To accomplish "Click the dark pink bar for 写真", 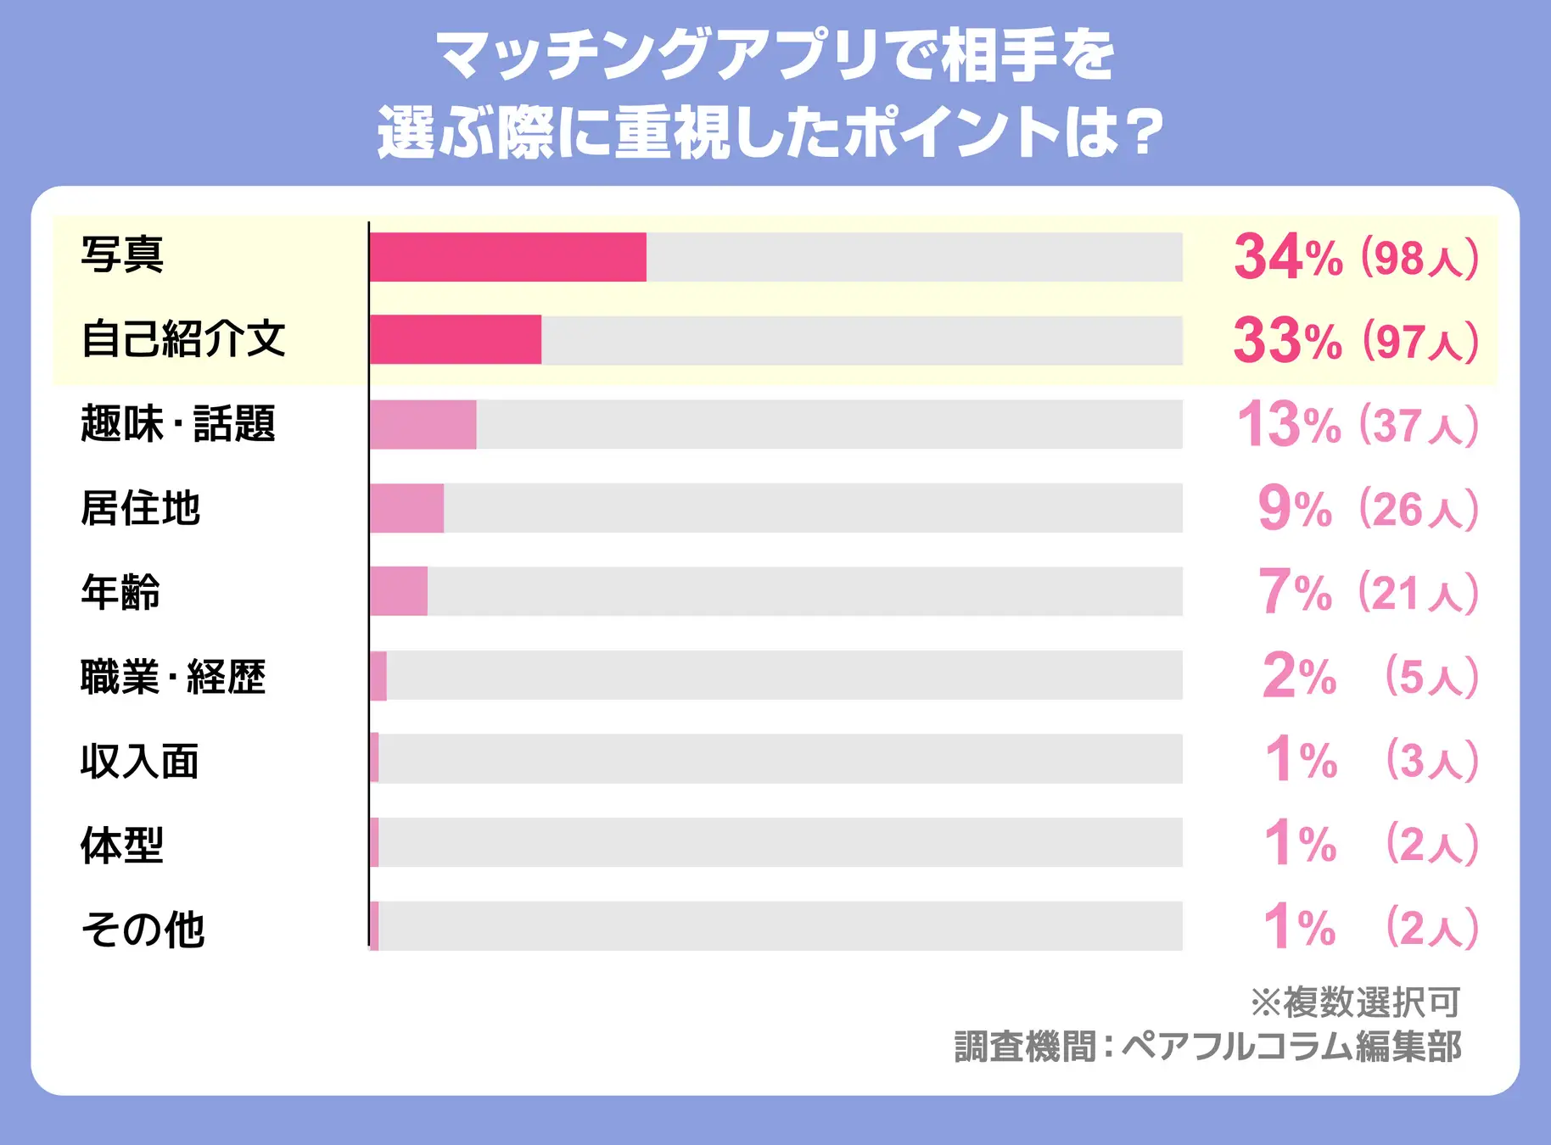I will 507,257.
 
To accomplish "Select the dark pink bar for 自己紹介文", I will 456,340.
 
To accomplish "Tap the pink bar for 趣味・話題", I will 423,424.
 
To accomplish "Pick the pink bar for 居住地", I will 406,508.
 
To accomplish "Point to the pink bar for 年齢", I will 399,591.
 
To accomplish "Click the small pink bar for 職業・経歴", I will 378,676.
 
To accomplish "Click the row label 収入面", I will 140,761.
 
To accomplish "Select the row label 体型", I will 122,845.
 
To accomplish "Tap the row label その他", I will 143,929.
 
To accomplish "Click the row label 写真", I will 122,254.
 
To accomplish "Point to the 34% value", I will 1287,257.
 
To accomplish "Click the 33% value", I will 1286,340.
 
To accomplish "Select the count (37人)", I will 1419,425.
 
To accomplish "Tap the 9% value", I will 1294,509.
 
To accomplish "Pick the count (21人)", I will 1418,593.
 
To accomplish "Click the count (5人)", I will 1431,677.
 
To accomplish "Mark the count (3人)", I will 1431,760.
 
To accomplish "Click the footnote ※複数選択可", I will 1355,1003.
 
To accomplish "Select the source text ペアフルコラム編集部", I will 1291,1047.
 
